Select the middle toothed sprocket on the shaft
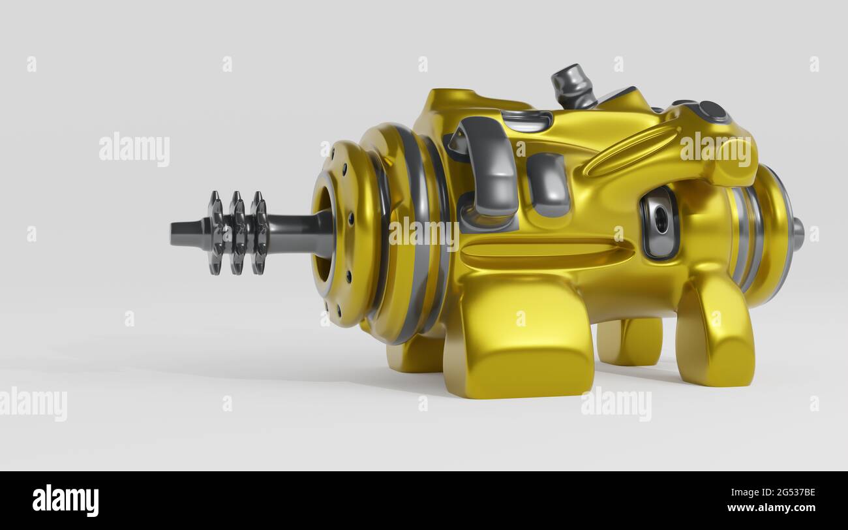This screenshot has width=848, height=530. (237, 233)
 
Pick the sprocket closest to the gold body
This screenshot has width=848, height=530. (259, 233)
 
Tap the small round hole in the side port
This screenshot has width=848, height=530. (661, 221)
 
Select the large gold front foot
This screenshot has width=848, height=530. (519, 339)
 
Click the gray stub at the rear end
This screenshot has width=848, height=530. (797, 234)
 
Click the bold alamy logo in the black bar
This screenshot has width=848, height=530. (65, 501)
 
